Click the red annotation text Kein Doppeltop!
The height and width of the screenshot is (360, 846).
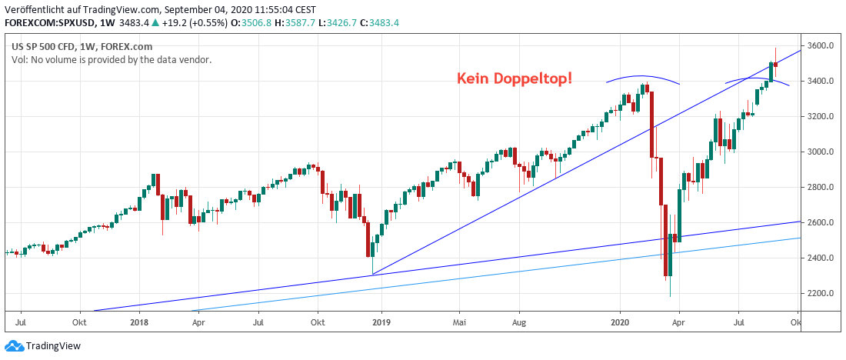514,78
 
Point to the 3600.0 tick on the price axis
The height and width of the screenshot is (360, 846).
821,46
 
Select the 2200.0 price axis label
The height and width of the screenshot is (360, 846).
821,294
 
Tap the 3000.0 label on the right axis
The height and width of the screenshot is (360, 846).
821,152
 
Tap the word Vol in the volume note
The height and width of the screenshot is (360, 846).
18,59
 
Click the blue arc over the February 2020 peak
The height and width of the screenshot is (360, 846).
641,77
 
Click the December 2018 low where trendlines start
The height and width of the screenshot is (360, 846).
371,273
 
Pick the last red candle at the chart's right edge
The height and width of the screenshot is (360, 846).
776,64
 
